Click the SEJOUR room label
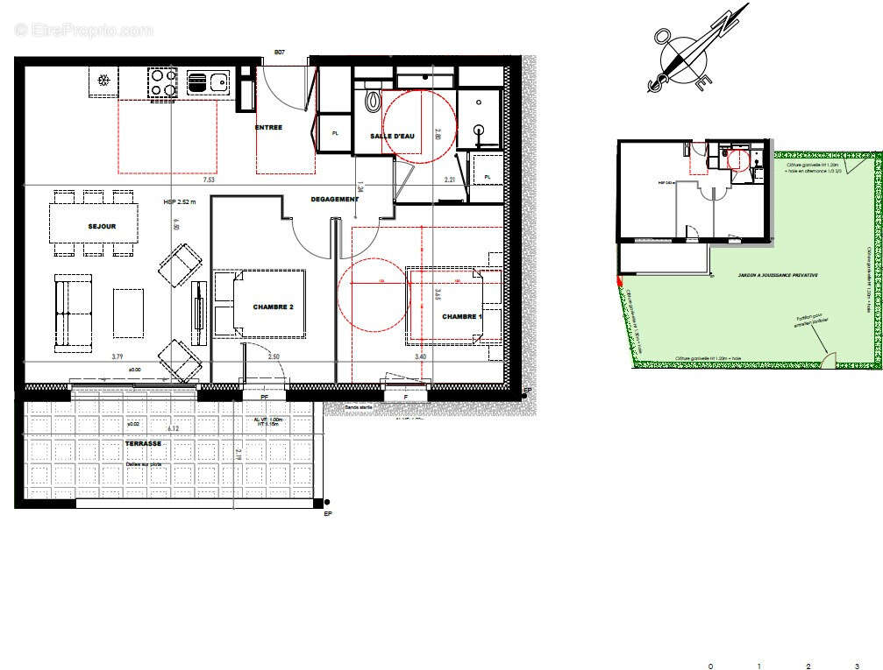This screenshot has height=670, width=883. click(102, 227)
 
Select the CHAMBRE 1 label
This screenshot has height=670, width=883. click(461, 316)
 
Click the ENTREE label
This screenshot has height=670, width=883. click(268, 128)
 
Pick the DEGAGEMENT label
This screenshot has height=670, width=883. click(334, 200)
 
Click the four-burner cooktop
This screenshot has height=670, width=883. click(164, 82)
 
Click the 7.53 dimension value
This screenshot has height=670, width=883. click(210, 180)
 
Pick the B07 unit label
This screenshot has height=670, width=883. click(280, 53)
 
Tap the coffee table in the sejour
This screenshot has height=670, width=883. click(128, 312)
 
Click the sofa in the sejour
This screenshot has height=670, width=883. click(73, 312)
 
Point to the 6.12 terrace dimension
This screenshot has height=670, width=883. click(176, 428)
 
